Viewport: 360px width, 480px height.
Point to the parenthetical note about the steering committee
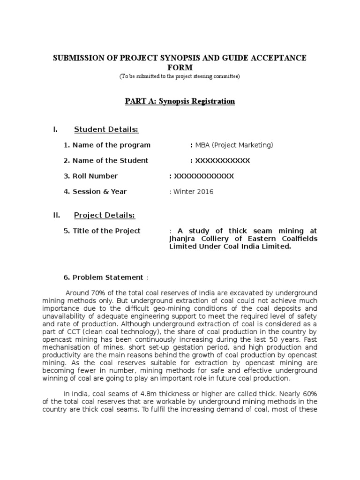point(180,76)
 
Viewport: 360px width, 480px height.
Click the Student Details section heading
point(106,129)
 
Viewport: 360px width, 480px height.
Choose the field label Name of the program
point(107,145)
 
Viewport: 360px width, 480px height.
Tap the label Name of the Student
point(106,160)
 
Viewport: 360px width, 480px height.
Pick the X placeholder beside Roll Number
point(203,176)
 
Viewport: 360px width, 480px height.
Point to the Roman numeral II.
point(57,215)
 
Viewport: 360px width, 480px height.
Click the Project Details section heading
point(105,215)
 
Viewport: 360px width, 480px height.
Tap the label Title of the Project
point(102,231)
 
